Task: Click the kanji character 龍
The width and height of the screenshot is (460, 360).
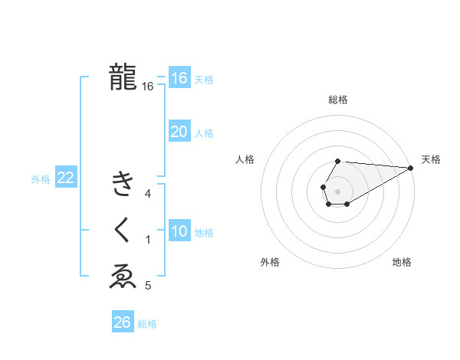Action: pyautogui.click(x=123, y=77)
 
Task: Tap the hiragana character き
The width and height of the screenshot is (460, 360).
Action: pyautogui.click(x=123, y=184)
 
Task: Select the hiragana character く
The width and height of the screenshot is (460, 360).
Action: pyautogui.click(x=123, y=230)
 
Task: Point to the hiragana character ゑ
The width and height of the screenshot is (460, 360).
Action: pyautogui.click(x=123, y=277)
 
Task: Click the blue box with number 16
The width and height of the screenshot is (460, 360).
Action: pyautogui.click(x=179, y=78)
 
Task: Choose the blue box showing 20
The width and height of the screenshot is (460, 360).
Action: pyautogui.click(x=179, y=132)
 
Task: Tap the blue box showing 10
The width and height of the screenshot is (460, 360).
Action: pyautogui.click(x=179, y=231)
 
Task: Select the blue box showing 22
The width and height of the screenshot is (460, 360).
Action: pyautogui.click(x=65, y=178)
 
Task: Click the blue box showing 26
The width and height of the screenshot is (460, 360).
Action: pyautogui.click(x=122, y=322)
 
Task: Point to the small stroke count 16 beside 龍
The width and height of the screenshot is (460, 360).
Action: pyautogui.click(x=148, y=87)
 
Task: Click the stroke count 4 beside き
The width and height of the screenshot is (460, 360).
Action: pyautogui.click(x=148, y=194)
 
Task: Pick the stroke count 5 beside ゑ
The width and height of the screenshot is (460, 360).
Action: pyautogui.click(x=148, y=286)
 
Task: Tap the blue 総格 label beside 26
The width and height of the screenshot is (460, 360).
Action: pyautogui.click(x=147, y=324)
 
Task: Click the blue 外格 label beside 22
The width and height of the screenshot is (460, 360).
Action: pyautogui.click(x=41, y=179)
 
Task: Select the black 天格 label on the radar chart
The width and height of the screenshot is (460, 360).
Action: pyautogui.click(x=431, y=159)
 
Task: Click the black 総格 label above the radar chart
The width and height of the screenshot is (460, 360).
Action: pyautogui.click(x=338, y=100)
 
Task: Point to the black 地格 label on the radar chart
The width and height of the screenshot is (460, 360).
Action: pyautogui.click(x=402, y=262)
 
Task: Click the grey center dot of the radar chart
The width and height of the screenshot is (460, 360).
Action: pyautogui.click(x=337, y=189)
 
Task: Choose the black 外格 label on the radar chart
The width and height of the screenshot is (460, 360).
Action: pyautogui.click(x=270, y=262)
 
